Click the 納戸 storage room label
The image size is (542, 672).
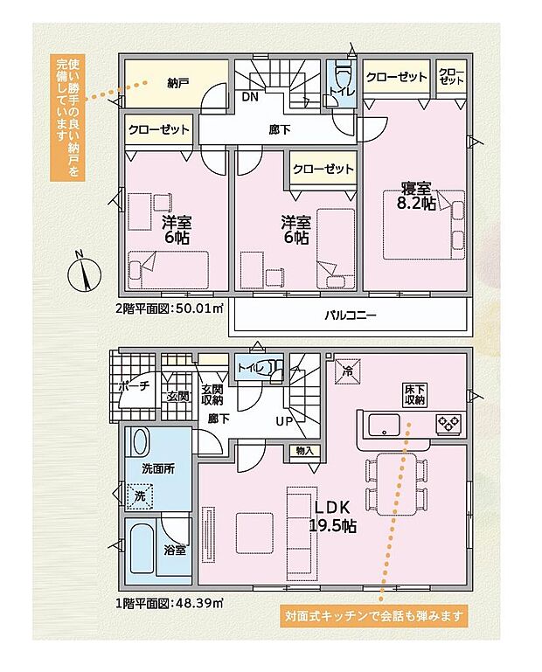point(177,83)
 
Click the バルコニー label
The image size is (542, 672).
point(350,315)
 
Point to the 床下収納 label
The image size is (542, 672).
point(414,394)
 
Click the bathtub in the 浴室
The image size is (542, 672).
point(143,549)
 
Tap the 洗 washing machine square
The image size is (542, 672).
point(139,495)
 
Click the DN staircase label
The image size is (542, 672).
point(250,97)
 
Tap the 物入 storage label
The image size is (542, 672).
point(304,451)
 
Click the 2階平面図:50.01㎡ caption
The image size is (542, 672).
point(170,308)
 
